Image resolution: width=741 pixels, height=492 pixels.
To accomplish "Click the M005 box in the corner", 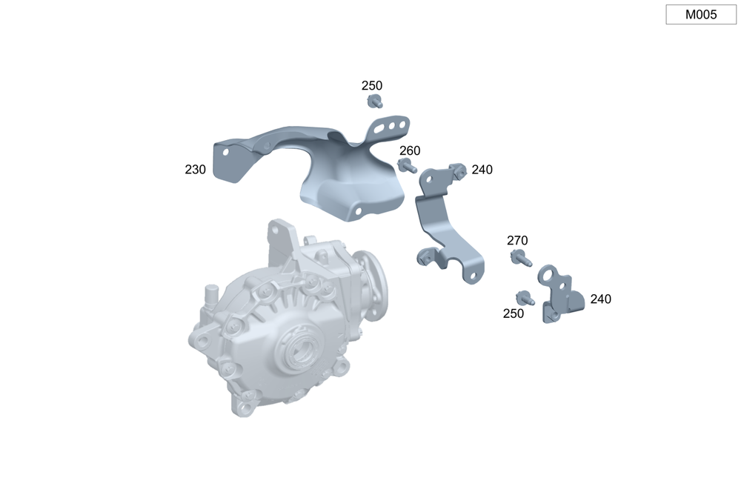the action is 701,15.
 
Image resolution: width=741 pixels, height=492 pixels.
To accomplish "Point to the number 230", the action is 195,170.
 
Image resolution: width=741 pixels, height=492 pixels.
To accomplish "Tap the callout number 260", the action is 410,150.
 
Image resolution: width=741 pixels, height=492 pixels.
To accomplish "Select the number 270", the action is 517,241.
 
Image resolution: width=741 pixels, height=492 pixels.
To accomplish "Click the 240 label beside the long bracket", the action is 482,170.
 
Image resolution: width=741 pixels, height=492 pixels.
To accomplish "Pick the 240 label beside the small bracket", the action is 601,299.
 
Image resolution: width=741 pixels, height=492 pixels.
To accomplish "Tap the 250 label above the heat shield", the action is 372,85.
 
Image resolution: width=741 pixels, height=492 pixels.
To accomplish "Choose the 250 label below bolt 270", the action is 514,314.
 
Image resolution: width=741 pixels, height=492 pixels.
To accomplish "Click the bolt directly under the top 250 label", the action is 375,102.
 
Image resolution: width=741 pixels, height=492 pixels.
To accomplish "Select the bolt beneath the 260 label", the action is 407,166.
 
